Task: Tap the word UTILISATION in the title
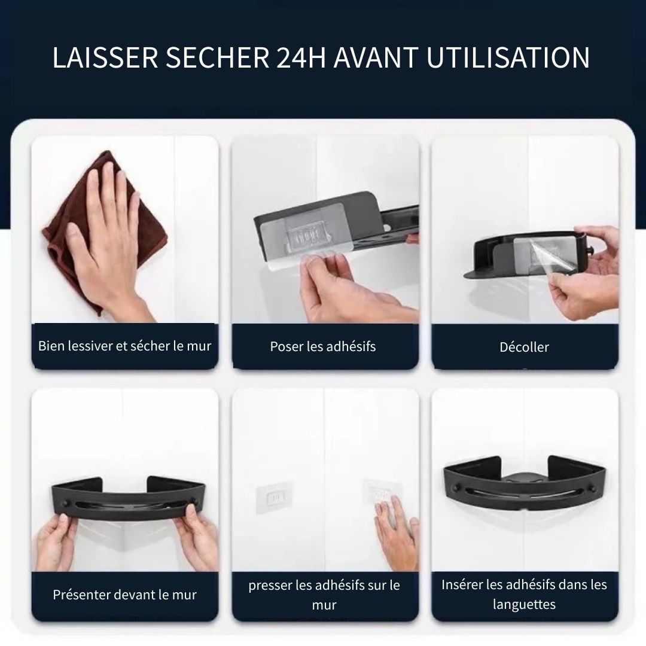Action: [x=508, y=57]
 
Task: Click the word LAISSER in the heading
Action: [x=105, y=57]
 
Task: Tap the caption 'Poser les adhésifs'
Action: [x=323, y=346]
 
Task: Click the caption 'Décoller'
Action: [x=524, y=347]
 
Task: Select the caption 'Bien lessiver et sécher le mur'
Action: [x=125, y=346]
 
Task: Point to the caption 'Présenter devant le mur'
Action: [x=125, y=595]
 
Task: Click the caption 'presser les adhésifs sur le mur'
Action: [x=324, y=595]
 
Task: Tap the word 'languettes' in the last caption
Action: [x=524, y=604]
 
